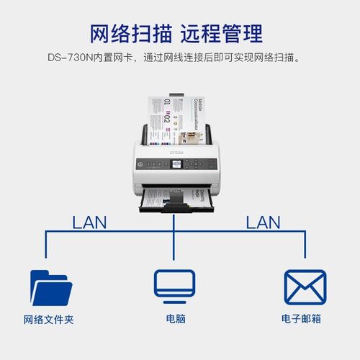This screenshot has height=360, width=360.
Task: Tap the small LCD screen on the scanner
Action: [177, 165]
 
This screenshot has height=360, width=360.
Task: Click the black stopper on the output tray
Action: [174, 210]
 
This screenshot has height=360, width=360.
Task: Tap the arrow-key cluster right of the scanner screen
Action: [194, 165]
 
